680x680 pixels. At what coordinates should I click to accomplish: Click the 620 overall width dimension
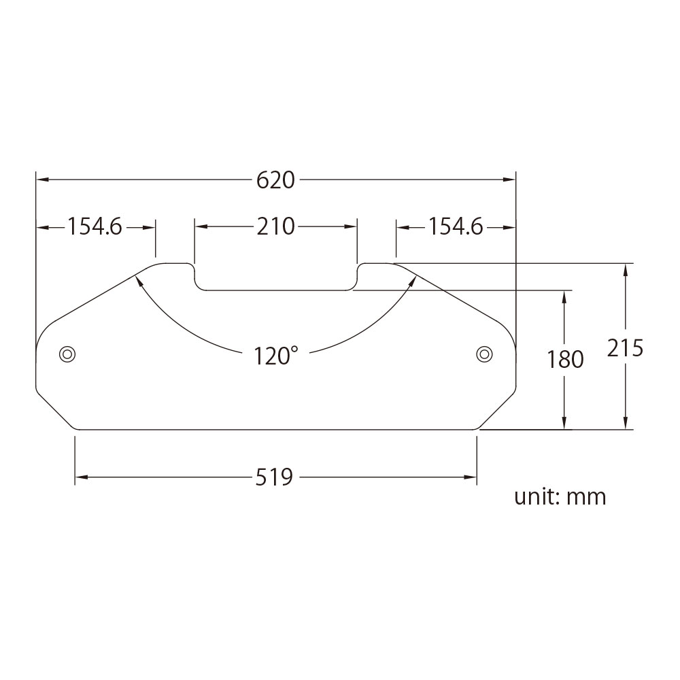pyautogui.click(x=275, y=180)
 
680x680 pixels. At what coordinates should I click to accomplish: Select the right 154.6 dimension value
pyautogui.click(x=456, y=226)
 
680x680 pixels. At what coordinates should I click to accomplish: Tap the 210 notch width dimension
pyautogui.click(x=275, y=226)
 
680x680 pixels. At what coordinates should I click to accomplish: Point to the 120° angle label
pyautogui.click(x=275, y=355)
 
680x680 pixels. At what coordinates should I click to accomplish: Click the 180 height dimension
pyautogui.click(x=565, y=358)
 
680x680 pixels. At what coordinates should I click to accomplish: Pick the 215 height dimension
pyautogui.click(x=626, y=347)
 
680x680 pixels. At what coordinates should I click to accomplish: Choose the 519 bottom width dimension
pyautogui.click(x=275, y=477)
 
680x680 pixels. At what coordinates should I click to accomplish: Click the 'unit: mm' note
pyautogui.click(x=560, y=496)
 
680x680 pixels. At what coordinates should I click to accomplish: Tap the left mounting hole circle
pyautogui.click(x=67, y=354)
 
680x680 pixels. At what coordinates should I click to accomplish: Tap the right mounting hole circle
pyautogui.click(x=484, y=353)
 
